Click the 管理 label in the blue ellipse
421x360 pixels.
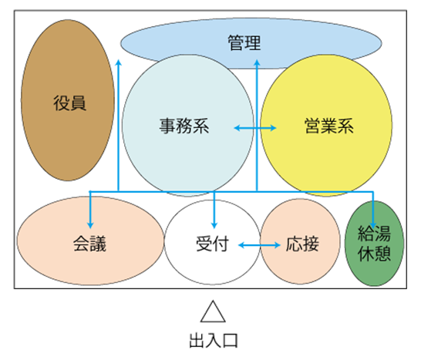[x=244, y=43]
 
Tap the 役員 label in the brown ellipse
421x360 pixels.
[x=70, y=103]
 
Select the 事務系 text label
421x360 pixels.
[x=184, y=126]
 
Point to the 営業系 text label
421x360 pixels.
[x=329, y=126]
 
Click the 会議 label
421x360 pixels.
[x=90, y=244]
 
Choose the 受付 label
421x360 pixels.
[x=212, y=244]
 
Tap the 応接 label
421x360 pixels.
[x=302, y=244]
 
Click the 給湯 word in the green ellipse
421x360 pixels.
[x=374, y=234]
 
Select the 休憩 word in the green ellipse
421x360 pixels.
[x=374, y=253]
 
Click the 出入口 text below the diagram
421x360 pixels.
[x=214, y=341]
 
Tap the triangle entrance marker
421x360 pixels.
[x=213, y=311]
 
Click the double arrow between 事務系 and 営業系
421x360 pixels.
[x=255, y=128]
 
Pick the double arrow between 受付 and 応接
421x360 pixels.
[x=259, y=245]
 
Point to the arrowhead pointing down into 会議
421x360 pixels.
[x=90, y=225]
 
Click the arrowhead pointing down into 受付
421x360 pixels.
[x=214, y=225]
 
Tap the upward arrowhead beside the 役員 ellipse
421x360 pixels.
[x=119, y=62]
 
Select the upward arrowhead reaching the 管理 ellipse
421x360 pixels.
[x=257, y=62]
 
